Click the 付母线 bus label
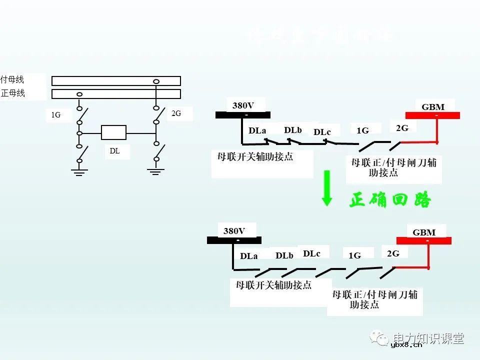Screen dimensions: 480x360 point(12,79)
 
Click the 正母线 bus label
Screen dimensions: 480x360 point(13,93)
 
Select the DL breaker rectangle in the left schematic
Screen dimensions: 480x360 point(114,133)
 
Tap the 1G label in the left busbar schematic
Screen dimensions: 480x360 point(55,115)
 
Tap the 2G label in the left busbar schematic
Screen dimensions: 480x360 point(176,113)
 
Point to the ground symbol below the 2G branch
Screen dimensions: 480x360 point(156,171)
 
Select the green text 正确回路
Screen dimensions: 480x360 point(390,200)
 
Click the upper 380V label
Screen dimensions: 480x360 point(243,105)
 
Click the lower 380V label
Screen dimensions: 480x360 point(234,231)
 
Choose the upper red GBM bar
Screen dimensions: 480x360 point(437,115)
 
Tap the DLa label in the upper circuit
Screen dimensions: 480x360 point(257,131)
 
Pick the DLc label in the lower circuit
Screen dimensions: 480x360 point(311,253)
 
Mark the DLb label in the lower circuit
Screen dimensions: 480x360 point(284,255)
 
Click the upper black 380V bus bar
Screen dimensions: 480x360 point(242,115)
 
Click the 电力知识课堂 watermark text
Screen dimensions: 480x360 point(429,338)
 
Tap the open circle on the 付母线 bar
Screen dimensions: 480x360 point(156,81)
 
